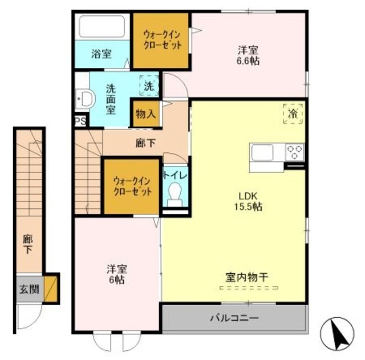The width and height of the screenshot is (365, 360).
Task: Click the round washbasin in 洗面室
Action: coord(86,99)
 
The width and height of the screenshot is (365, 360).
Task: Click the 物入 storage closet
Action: coord(145,114)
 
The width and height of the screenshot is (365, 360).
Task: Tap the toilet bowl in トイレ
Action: coord(175,193)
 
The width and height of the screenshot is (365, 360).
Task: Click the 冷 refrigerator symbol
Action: coord(292,114)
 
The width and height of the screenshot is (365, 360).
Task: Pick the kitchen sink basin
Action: coord(263,153)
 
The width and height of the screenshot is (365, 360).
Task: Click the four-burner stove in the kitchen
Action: coord(295,152)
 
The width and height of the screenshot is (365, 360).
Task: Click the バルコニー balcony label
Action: coord(234,318)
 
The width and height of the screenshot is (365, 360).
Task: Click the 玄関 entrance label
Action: coord(29,289)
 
